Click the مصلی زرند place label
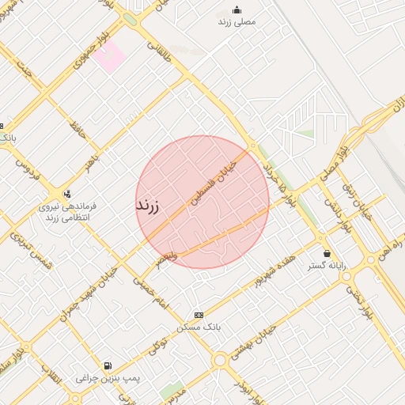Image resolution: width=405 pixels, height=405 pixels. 237,22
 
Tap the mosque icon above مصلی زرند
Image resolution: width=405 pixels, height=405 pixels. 237,9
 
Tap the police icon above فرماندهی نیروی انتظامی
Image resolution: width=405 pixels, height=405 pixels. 66,193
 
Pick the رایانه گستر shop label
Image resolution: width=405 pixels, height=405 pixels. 326,267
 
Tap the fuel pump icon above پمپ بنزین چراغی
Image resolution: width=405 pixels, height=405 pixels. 108,365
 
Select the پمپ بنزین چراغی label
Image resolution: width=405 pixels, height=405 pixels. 108,379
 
